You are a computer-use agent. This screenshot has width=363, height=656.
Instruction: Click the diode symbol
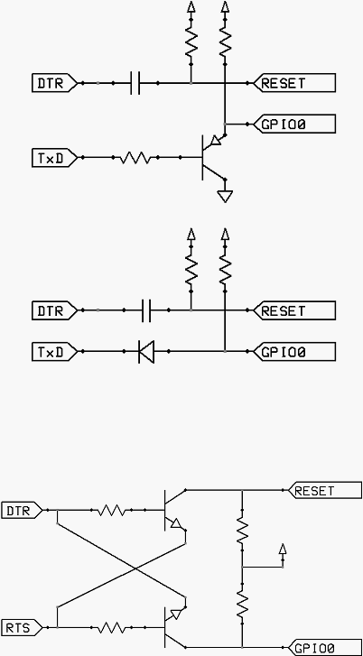(x=146, y=351)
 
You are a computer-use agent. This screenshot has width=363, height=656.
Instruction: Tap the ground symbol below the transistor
(x=225, y=196)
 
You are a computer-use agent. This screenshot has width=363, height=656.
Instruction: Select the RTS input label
(x=22, y=627)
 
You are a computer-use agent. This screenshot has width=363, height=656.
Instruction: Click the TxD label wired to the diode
(x=55, y=351)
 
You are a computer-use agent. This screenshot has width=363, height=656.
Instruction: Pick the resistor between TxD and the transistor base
(x=135, y=158)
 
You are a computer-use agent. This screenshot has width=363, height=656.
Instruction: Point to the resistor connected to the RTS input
(x=111, y=627)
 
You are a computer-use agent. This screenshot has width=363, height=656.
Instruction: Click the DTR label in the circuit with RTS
(x=22, y=511)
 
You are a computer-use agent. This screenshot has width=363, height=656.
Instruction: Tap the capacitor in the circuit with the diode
(x=146, y=310)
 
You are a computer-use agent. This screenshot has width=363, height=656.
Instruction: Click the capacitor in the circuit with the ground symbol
(x=135, y=83)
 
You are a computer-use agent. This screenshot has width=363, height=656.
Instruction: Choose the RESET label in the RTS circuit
(x=325, y=490)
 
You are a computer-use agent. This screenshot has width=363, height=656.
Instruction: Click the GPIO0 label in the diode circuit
(x=294, y=351)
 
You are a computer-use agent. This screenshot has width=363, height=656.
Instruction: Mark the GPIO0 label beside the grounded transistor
(x=294, y=125)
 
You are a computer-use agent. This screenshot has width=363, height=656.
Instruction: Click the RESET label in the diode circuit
(x=294, y=310)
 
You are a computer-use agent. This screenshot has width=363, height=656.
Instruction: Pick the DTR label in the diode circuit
(x=55, y=310)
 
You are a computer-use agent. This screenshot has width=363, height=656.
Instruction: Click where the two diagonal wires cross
(x=135, y=568)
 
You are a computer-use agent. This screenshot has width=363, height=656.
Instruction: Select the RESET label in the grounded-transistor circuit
(x=294, y=83)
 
